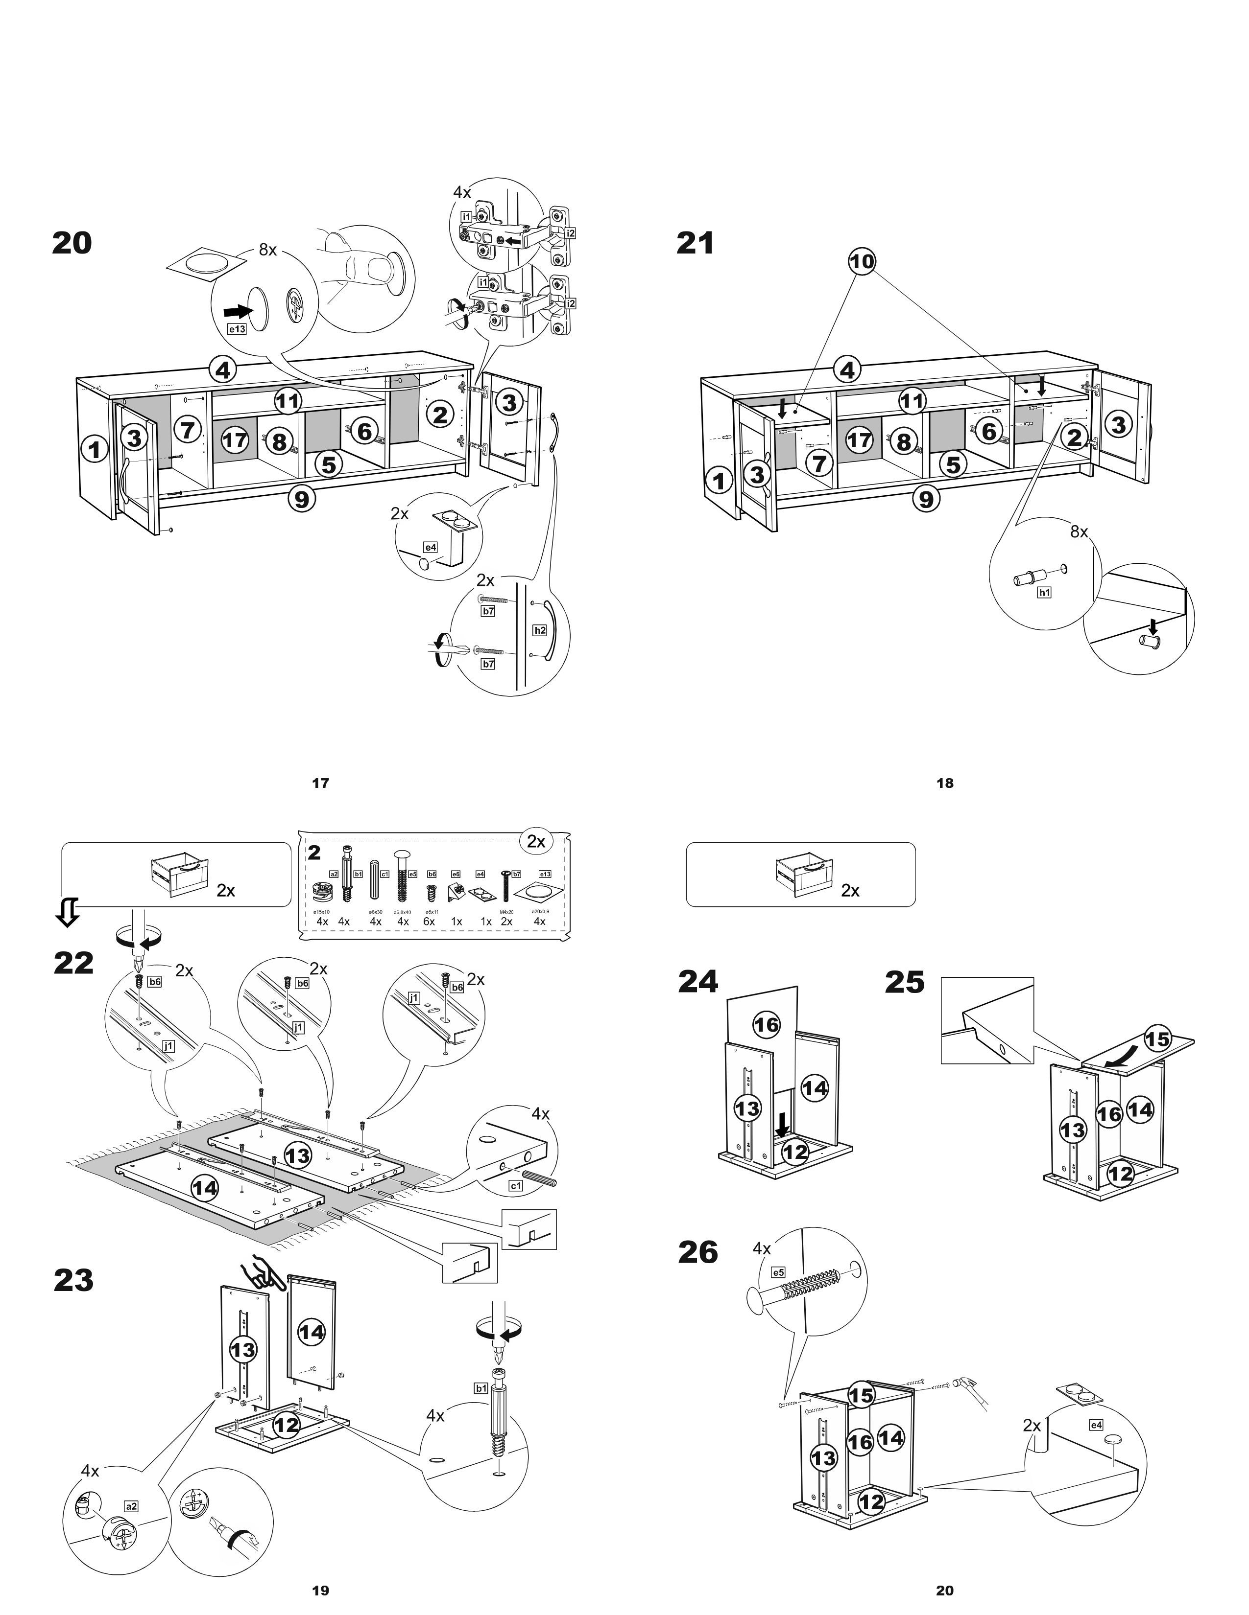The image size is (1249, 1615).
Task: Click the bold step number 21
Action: coord(695,243)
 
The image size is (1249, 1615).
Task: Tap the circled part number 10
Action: coord(862,260)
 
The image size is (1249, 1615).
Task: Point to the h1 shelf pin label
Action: coord(1044,592)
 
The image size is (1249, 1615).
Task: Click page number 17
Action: coord(320,783)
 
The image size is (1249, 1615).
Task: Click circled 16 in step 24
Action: coord(766,1024)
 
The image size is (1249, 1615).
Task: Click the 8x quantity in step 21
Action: coord(1079,531)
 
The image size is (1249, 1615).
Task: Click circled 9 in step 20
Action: coord(301,499)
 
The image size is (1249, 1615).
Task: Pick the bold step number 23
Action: coord(73,1281)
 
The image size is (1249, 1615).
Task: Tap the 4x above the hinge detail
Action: coord(462,192)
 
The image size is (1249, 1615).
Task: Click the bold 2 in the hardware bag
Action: coord(314,853)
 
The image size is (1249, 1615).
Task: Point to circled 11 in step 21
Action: coord(912,401)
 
